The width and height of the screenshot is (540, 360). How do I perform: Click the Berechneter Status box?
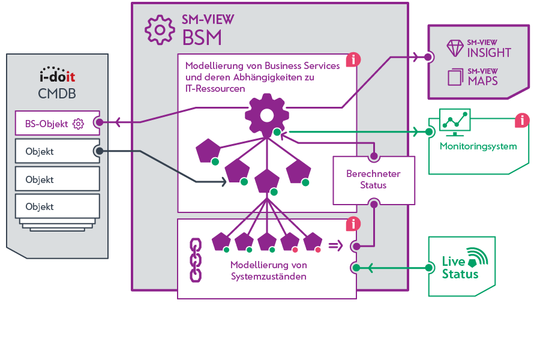373,179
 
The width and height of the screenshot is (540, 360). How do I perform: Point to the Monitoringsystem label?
478,146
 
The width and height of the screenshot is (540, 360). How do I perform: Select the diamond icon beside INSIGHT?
455,47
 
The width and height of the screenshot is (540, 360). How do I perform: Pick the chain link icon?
195,260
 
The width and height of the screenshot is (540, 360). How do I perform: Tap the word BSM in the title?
202,38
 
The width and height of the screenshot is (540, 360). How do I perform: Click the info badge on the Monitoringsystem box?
521,121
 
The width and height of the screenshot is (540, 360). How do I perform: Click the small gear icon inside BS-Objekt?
78,124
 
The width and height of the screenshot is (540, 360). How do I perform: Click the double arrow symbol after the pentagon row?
336,245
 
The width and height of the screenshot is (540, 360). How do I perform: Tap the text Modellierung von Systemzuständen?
268,270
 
